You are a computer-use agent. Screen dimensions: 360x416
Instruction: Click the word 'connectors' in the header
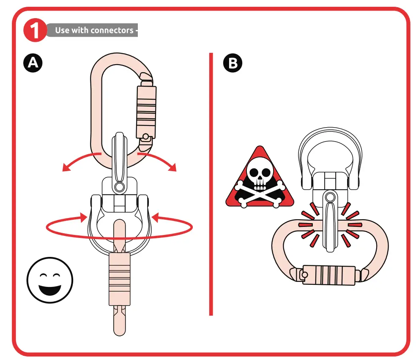[x=112, y=30]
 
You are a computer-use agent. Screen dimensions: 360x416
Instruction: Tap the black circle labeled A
[x=33, y=63]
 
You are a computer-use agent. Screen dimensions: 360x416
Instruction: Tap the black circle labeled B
[x=233, y=63]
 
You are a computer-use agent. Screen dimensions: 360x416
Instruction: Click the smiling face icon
[x=50, y=280]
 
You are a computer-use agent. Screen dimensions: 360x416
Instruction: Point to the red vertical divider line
[x=211, y=184]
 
